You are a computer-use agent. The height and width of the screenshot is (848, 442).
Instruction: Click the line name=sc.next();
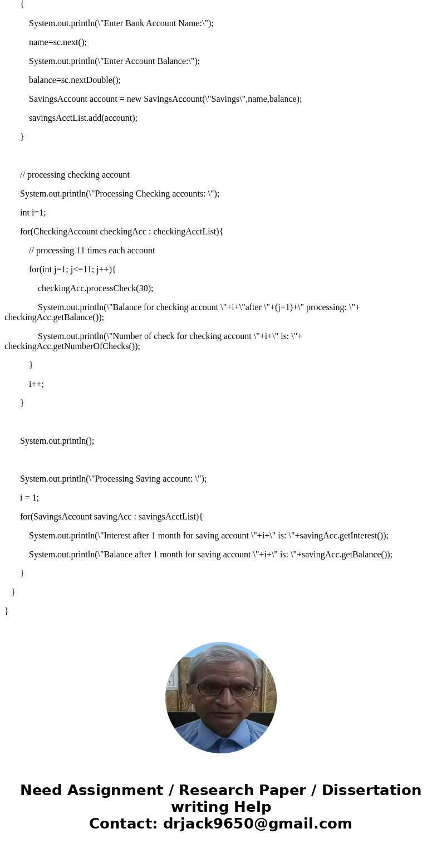[58, 42]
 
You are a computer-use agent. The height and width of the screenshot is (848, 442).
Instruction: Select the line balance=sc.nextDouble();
[75, 80]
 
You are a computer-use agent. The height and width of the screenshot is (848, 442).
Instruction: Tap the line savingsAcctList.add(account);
[83, 118]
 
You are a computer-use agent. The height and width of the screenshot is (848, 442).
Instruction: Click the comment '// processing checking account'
[75, 175]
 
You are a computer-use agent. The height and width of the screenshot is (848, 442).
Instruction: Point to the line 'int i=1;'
[33, 213]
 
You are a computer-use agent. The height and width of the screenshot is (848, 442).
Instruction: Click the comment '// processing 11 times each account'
[92, 251]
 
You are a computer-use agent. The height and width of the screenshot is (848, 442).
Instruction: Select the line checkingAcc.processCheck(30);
[95, 288]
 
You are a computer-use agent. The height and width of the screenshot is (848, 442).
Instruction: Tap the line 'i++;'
[36, 384]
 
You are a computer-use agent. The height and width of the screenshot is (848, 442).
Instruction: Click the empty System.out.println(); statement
[57, 441]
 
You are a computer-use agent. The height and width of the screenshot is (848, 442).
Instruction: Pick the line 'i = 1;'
[30, 498]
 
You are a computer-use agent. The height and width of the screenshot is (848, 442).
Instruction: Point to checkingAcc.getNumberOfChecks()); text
[72, 346]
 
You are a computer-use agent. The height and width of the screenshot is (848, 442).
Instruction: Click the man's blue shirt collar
[221, 734]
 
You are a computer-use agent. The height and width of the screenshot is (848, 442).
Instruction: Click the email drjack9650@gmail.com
[257, 824]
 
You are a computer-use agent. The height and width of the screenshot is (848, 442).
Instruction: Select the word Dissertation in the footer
[371, 791]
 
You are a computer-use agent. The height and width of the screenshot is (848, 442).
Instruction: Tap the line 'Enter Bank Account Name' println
[121, 23]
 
